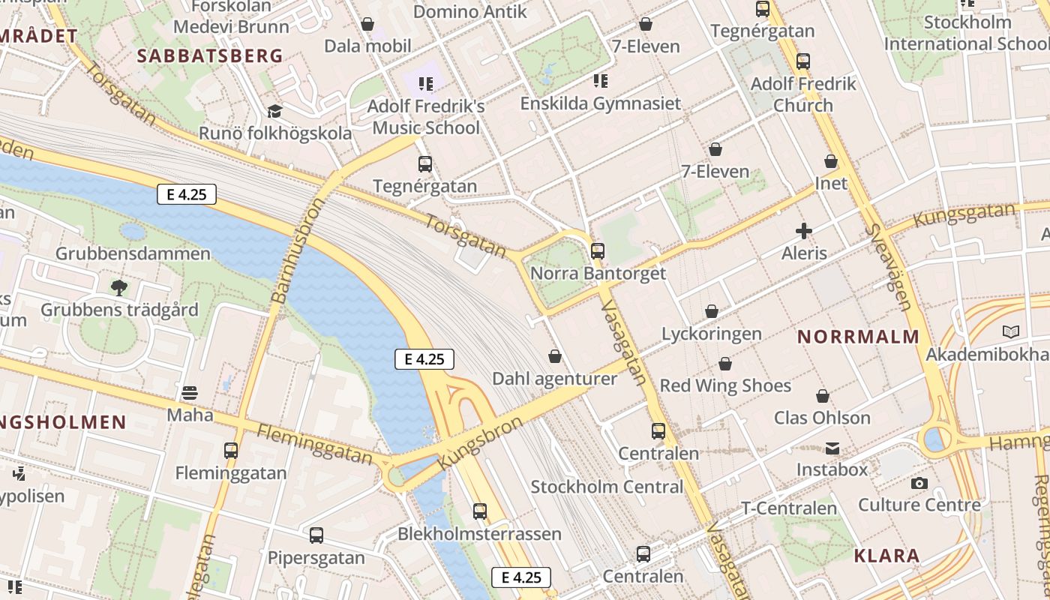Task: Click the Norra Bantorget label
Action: (598, 274)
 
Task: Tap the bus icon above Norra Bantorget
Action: (598, 251)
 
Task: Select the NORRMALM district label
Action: (858, 337)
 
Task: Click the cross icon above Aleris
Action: (804, 231)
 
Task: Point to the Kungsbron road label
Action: (478, 443)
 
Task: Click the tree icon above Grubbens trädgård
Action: (118, 287)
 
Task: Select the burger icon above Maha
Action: (190, 392)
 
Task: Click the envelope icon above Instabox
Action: (832, 448)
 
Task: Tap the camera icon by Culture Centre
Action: (919, 484)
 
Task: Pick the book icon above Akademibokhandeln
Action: (1011, 331)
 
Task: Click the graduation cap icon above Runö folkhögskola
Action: (274, 112)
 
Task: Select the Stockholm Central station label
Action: (607, 487)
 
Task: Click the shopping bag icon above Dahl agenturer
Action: (555, 356)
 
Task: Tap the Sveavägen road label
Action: (887, 268)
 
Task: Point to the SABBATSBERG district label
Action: (210, 55)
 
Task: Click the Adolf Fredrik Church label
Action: (802, 94)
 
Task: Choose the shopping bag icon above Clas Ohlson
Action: (823, 396)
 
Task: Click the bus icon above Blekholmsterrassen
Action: (480, 511)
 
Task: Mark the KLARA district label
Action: (886, 556)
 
